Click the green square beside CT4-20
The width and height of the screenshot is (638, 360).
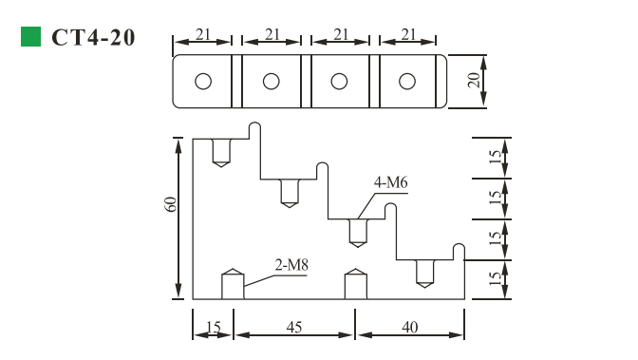point(30,37)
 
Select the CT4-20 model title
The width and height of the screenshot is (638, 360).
point(93,38)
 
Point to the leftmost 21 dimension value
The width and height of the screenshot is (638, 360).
point(202,34)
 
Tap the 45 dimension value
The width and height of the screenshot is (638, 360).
point(294,328)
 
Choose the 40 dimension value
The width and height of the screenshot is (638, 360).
point(410,328)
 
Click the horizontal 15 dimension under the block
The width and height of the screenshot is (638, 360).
point(214,328)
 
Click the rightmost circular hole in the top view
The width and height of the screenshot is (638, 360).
point(407,81)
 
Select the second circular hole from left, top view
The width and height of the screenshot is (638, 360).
point(271,81)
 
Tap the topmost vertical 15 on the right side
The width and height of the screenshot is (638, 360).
point(494,158)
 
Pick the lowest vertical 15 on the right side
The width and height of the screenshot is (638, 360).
point(494,278)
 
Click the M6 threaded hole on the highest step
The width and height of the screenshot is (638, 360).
point(221,152)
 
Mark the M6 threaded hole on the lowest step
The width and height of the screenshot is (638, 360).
point(425,273)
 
